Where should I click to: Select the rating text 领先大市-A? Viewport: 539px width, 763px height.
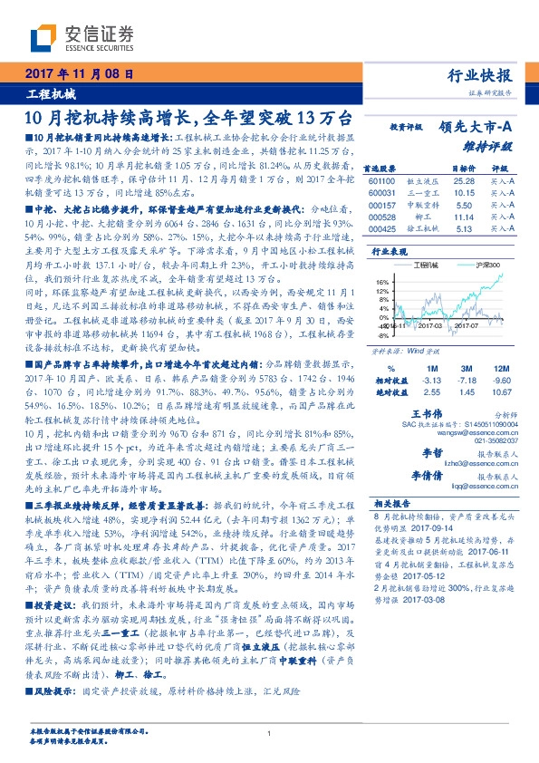(x=476, y=128)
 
